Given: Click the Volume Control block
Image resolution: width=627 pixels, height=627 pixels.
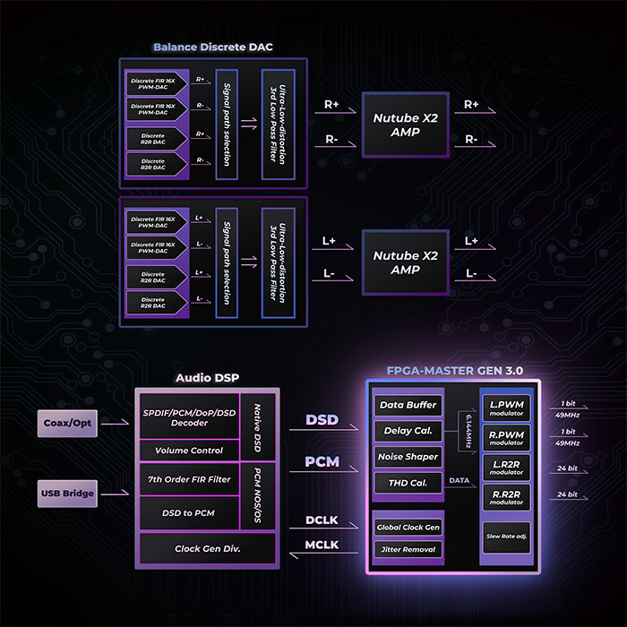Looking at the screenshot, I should tap(189, 450).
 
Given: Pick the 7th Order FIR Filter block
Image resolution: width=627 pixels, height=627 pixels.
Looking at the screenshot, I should tap(189, 479).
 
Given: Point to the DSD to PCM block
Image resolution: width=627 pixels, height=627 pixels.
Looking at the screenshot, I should tap(189, 512).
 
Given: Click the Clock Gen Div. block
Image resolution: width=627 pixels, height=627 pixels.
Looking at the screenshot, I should tap(207, 547).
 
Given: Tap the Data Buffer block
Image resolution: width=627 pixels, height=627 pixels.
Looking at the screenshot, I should tap(408, 405).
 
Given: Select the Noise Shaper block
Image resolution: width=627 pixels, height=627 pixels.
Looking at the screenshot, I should tap(408, 457).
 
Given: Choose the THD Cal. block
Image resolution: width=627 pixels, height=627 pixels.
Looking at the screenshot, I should tap(408, 484).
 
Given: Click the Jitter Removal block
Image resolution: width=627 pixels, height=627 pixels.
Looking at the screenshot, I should tap(408, 549).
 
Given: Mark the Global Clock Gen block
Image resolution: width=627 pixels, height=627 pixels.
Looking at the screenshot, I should tap(408, 527).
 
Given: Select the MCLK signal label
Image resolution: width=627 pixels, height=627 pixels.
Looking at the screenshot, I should tap(321, 544).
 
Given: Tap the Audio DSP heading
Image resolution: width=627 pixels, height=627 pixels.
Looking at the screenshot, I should tap(206, 378).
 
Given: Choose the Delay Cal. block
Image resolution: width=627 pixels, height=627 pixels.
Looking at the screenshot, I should tap(408, 431).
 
